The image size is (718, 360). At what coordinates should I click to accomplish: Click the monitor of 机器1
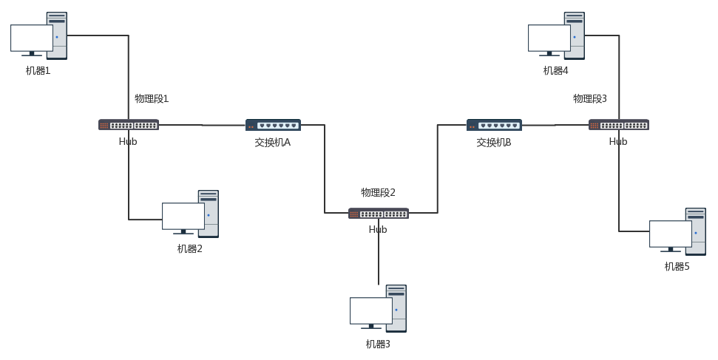(32, 38)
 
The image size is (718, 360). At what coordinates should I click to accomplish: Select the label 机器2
(189, 249)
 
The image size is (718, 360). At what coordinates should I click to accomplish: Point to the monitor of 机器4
(549, 38)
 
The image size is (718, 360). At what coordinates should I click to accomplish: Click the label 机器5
(677, 267)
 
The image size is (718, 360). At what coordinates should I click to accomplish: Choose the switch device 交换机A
(273, 125)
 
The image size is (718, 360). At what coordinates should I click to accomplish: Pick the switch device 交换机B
(494, 125)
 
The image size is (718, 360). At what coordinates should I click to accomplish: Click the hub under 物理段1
(129, 125)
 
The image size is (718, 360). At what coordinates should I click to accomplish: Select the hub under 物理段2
(378, 214)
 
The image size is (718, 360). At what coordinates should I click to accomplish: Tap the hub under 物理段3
(619, 125)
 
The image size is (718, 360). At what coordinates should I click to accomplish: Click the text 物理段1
(152, 98)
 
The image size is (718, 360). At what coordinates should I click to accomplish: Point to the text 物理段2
(378, 193)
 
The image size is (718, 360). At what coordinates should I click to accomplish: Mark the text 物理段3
(590, 98)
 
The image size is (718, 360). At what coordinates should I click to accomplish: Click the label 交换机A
(273, 142)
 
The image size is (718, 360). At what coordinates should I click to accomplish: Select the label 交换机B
(494, 142)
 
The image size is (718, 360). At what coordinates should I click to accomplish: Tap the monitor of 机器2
(183, 217)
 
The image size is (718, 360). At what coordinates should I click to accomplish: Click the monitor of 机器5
(671, 234)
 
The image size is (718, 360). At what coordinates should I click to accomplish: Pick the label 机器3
(378, 344)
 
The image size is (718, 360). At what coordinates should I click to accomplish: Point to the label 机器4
(555, 71)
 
